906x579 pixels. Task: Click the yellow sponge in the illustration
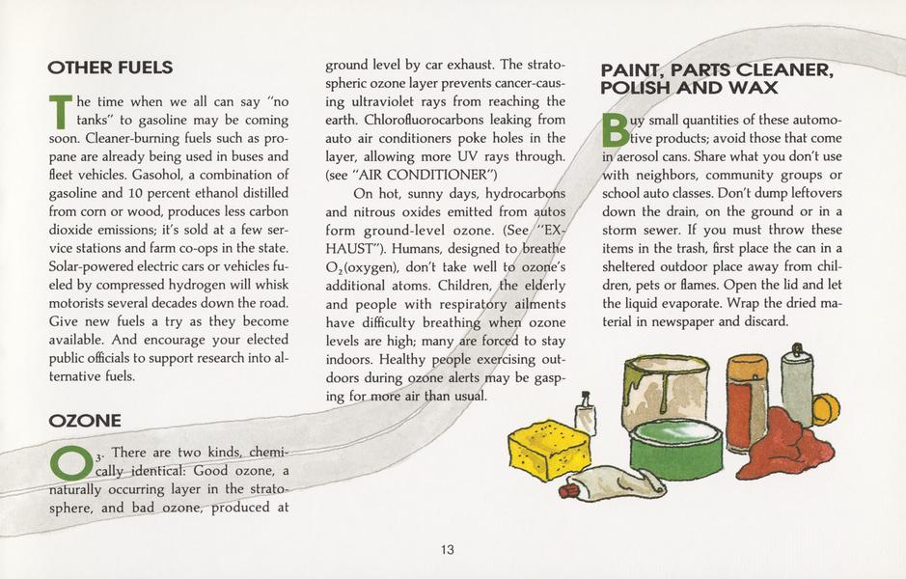(x=548, y=449)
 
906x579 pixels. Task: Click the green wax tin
(x=674, y=448)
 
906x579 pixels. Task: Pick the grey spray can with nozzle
(x=796, y=386)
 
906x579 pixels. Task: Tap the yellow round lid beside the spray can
(x=825, y=409)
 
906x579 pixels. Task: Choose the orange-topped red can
(x=747, y=400)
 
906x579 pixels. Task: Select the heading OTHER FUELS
(x=110, y=68)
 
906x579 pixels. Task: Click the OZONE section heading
(x=85, y=420)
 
